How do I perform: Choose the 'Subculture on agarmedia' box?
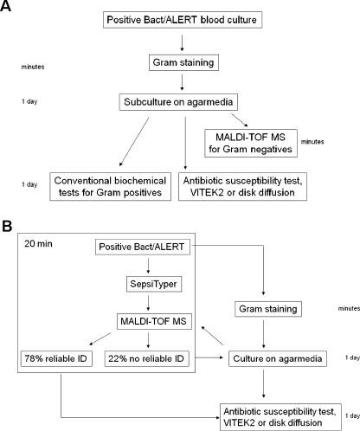pos(180,103)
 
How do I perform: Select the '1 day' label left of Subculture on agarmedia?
pos(29,103)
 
